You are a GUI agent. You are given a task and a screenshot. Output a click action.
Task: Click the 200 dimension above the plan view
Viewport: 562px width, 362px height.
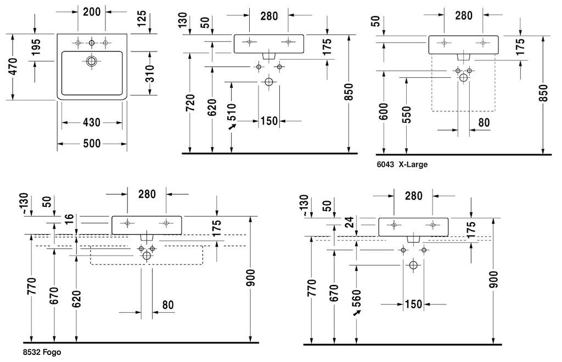point(92,12)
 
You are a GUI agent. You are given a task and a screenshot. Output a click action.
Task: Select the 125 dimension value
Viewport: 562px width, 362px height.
point(142,19)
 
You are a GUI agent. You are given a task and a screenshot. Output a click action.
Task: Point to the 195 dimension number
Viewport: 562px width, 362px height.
point(36,47)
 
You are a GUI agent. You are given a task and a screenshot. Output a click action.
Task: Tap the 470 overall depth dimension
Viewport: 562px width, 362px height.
point(13,66)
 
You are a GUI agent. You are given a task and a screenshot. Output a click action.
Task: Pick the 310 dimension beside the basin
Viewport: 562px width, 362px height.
point(150,73)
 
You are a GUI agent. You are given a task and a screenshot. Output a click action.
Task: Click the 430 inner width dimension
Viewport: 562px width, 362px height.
point(92,122)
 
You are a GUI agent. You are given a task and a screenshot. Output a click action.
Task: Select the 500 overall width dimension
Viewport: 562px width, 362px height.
point(92,144)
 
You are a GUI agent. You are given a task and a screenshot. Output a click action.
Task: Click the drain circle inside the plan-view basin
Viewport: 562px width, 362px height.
point(92,61)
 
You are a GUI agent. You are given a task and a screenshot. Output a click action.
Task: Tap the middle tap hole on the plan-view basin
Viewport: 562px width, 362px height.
point(92,43)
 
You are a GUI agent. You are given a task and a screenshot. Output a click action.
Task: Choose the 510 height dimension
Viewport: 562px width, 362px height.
point(232,112)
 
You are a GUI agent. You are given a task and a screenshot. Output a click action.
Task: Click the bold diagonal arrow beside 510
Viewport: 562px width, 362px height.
point(233,126)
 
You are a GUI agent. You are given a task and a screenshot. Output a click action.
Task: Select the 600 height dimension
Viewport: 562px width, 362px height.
point(384,112)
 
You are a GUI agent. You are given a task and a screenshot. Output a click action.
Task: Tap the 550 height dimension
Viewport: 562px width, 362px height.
point(407,115)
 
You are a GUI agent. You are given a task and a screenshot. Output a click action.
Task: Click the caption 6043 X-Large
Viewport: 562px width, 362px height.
point(402,165)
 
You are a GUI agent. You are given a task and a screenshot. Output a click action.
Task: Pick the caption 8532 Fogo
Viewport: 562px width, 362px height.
point(42,352)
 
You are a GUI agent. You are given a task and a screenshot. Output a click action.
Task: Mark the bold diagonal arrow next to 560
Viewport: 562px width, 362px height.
point(357,313)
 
